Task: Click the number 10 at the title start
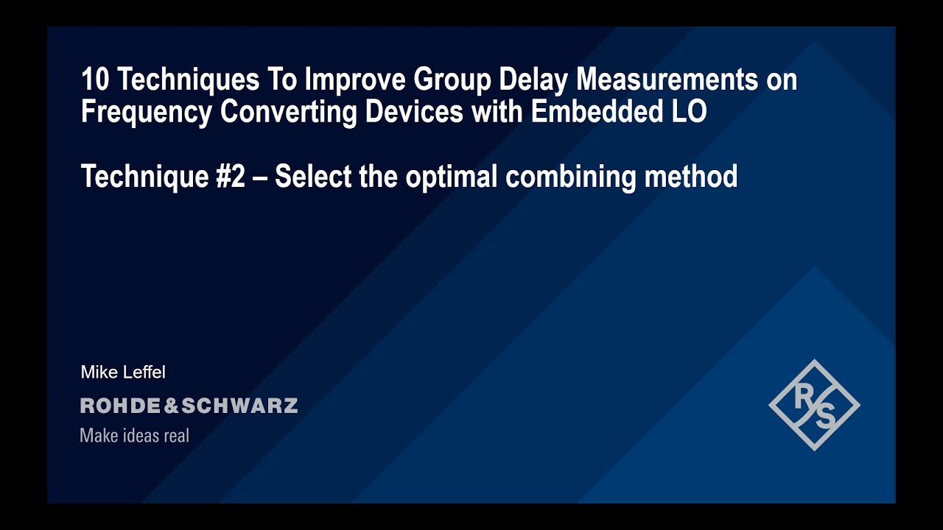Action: [94, 79]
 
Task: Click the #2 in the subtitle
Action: [229, 177]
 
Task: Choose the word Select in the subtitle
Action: [313, 177]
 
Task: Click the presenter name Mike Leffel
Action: [123, 372]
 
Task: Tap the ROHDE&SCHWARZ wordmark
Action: [189, 406]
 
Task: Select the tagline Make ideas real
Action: [134, 436]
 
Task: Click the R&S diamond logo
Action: [814, 405]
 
